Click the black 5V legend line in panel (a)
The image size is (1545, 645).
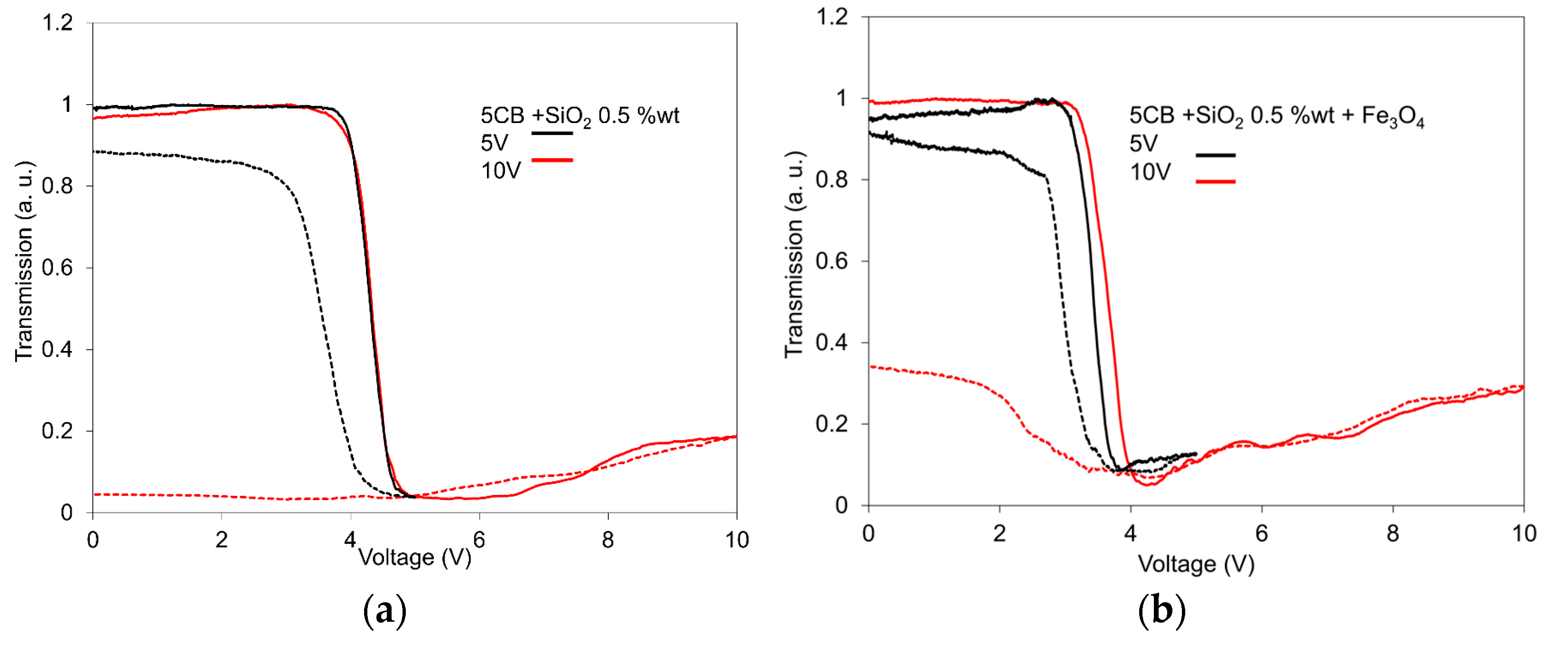click(x=552, y=133)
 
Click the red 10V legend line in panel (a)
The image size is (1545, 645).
click(x=552, y=160)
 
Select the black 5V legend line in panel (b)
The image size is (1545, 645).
click(x=1215, y=155)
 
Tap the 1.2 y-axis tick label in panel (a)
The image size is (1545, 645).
click(x=57, y=23)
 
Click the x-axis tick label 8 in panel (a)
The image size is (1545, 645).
click(x=608, y=540)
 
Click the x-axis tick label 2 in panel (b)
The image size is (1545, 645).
click(x=999, y=533)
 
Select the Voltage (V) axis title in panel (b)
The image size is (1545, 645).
click(x=1196, y=564)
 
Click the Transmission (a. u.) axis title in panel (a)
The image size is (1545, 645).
click(x=24, y=261)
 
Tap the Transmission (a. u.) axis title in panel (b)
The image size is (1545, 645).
click(x=794, y=255)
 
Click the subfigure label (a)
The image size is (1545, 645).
click(x=384, y=611)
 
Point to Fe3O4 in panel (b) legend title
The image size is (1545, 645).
click(x=1393, y=116)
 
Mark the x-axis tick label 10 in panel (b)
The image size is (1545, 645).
click(x=1524, y=533)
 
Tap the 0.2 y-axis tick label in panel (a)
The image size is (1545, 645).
click(x=57, y=431)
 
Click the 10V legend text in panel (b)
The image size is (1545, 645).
click(x=1150, y=173)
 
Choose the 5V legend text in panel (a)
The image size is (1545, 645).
click(x=494, y=143)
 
